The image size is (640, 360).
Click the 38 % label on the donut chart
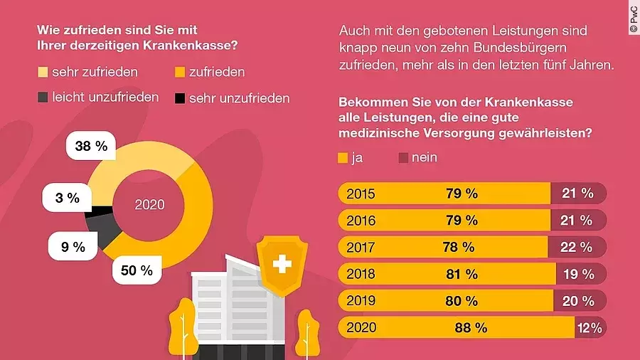click(91, 147)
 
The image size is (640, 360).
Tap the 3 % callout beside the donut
click(68, 198)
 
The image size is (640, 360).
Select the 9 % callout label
click(73, 247)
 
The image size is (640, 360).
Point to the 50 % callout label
click(137, 270)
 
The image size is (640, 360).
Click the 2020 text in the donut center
click(149, 205)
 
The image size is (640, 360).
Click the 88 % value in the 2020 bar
click(471, 328)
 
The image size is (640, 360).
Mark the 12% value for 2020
click(590, 328)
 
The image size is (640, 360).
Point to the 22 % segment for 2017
click(577, 247)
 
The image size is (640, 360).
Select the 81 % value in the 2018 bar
click(461, 274)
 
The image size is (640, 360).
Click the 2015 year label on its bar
click(361, 194)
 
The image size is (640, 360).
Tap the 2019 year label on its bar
click(361, 301)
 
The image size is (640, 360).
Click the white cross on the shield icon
click(282, 266)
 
